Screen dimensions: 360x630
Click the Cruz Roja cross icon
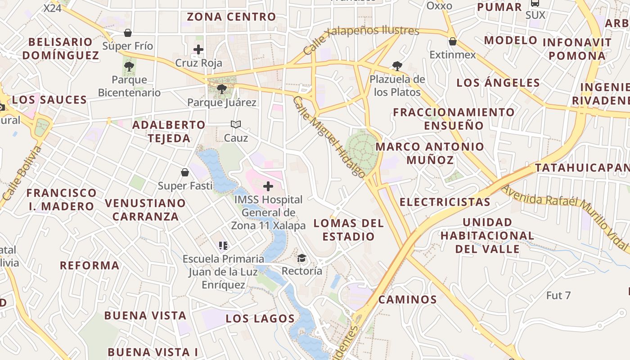coord(198,49)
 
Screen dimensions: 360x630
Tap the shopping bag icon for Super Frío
coord(128,33)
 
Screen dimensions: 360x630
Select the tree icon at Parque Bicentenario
coord(129,67)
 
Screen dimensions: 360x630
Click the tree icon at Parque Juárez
coord(221,89)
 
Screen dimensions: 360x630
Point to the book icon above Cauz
coord(236,124)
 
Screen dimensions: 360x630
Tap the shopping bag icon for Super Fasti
coord(185,172)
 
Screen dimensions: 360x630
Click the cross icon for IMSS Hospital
coord(268,186)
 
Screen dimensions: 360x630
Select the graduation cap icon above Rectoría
coord(301,258)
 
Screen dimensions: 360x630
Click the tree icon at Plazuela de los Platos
coord(397,66)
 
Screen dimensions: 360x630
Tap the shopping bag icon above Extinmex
coord(452,41)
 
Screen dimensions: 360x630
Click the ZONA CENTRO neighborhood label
coord(231,17)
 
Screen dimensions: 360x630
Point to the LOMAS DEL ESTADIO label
coord(349,229)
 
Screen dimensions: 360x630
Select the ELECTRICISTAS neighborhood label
coord(445,202)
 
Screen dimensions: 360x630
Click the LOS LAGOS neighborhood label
coord(260,319)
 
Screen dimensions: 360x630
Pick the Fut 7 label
coord(558,296)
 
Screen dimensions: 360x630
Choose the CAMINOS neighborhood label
coord(407,299)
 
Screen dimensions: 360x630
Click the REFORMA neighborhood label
coord(90,265)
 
